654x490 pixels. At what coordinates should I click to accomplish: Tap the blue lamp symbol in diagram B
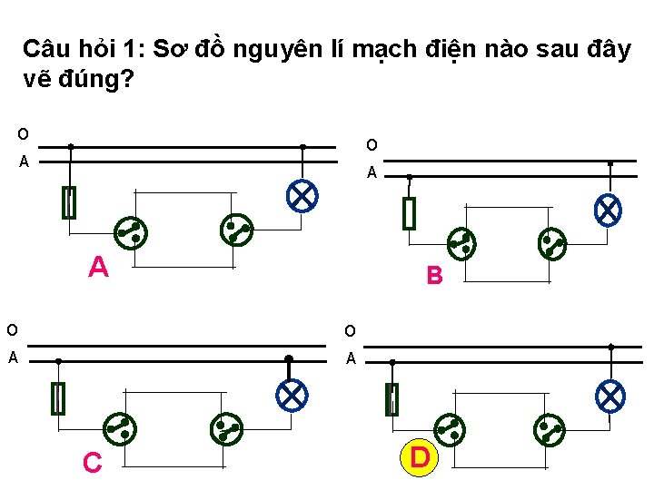[x=608, y=211]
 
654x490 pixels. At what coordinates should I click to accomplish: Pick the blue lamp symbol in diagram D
[x=609, y=396]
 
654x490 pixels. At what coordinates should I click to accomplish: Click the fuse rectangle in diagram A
[x=69, y=202]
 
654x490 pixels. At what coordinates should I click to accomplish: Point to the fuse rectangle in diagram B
[x=409, y=213]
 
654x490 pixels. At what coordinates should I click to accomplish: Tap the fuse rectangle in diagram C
[x=59, y=398]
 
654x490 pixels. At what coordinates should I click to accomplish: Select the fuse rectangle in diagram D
[x=391, y=398]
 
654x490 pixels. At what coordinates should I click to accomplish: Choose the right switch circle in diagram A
[x=237, y=230]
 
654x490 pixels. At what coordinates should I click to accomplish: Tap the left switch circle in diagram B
[x=462, y=242]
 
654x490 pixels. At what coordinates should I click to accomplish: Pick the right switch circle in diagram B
[x=551, y=242]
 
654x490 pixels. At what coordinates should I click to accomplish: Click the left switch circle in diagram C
[x=119, y=427]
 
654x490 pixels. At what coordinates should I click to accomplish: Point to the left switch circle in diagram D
[x=449, y=427]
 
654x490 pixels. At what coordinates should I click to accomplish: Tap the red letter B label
[x=434, y=275]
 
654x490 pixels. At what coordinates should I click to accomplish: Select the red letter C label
[x=92, y=463]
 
